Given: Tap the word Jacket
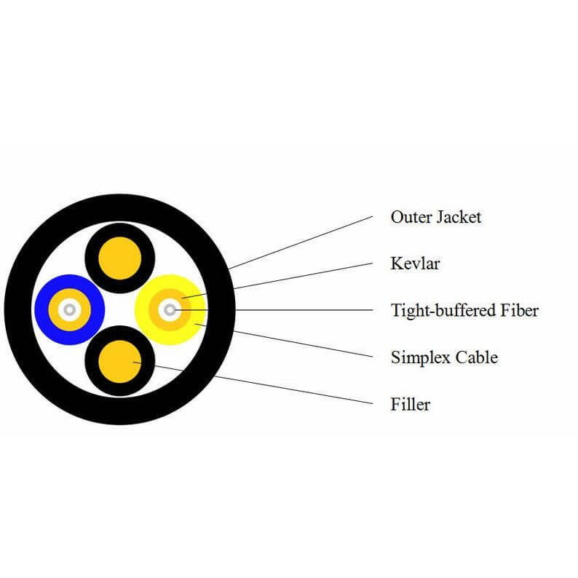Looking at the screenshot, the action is pos(458,217).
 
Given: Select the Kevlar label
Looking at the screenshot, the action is pos(415,264).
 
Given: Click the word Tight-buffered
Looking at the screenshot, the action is pos(443,310).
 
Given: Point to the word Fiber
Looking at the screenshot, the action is pos(519,310).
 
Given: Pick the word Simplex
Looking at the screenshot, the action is pos(420,357).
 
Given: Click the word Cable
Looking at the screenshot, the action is pos(477,357).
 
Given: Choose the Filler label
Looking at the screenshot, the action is pos(411,404).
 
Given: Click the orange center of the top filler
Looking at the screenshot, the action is pos(120,258).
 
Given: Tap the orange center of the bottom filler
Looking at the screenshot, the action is pos(120,361).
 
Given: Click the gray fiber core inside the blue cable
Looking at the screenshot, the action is pos(70,309).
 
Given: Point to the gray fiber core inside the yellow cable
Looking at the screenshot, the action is pos(170,309).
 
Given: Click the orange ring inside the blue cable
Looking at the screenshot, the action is pos(54,309).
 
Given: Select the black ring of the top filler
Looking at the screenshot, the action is pos(92,258).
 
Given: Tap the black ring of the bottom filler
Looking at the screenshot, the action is pos(92,361).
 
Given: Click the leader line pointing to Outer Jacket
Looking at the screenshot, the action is pos(301,242).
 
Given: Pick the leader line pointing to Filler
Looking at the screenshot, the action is pos(253,383).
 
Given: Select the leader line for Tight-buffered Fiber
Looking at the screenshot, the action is pos(274,310).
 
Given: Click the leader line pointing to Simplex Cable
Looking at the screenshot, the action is pos(284,341).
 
